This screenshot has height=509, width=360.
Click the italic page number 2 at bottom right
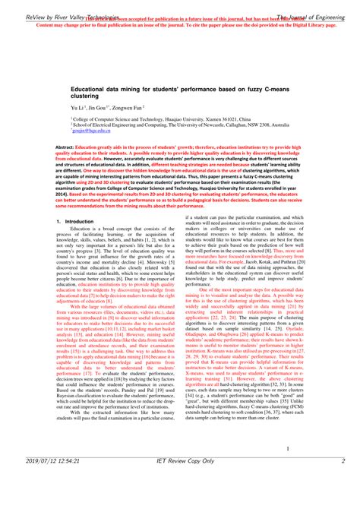click(x=343, y=482)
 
